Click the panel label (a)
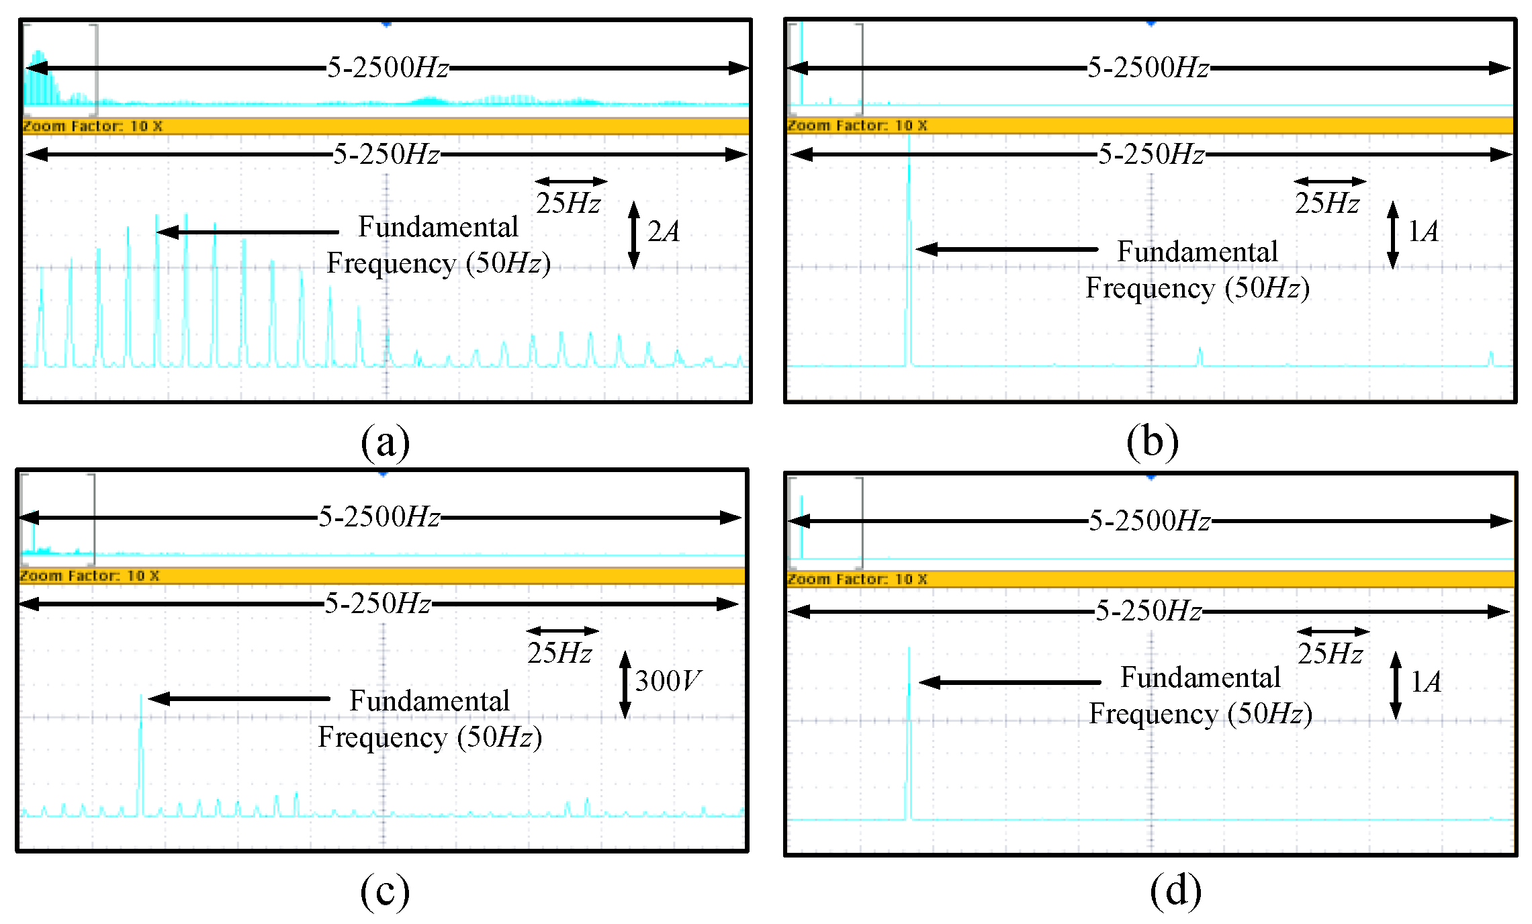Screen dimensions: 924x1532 click(x=385, y=442)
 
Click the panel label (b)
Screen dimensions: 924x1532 click(x=1152, y=442)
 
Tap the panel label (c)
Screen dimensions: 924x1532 click(x=384, y=892)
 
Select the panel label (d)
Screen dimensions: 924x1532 click(x=1175, y=892)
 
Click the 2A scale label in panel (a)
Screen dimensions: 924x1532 click(x=664, y=232)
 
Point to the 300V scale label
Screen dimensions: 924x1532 click(x=668, y=681)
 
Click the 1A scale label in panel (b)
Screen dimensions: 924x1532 click(x=1423, y=232)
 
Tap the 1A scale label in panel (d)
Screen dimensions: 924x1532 click(x=1425, y=682)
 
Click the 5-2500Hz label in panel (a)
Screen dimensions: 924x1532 click(x=388, y=68)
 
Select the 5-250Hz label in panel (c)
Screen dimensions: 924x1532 click(x=377, y=604)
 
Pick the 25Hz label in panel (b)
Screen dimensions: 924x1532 click(x=1328, y=203)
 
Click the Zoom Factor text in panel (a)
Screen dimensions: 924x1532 click(x=93, y=126)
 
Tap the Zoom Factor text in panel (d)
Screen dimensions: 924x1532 click(x=857, y=579)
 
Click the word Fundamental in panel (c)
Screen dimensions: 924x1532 click(x=429, y=701)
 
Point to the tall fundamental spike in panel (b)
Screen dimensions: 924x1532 click(x=909, y=255)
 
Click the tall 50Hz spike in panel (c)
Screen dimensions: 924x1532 click(x=140, y=752)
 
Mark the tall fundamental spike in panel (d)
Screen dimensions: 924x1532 click(x=909, y=732)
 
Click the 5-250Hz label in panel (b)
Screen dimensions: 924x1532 click(x=1151, y=154)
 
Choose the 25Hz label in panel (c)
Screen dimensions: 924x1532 click(x=559, y=653)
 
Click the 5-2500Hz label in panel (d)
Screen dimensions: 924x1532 click(x=1149, y=520)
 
